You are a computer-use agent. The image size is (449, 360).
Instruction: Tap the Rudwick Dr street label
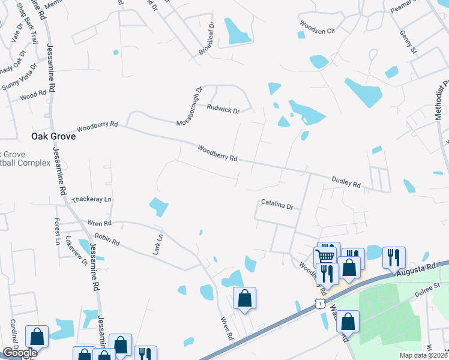click(x=223, y=110)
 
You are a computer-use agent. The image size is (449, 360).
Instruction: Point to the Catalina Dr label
click(x=277, y=205)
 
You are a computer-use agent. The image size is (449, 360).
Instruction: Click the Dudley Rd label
click(x=346, y=182)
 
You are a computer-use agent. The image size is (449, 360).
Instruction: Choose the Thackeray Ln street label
click(x=92, y=199)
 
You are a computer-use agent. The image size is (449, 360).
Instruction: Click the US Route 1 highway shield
click(x=318, y=305)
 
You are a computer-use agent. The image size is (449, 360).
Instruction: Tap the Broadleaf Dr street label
click(x=206, y=40)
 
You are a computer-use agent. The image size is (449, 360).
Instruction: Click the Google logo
click(x=19, y=353)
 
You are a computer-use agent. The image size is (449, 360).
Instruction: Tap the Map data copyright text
click(x=423, y=355)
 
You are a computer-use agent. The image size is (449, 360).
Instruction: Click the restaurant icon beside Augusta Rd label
click(x=394, y=257)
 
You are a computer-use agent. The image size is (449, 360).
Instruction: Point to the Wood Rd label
click(x=33, y=95)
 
